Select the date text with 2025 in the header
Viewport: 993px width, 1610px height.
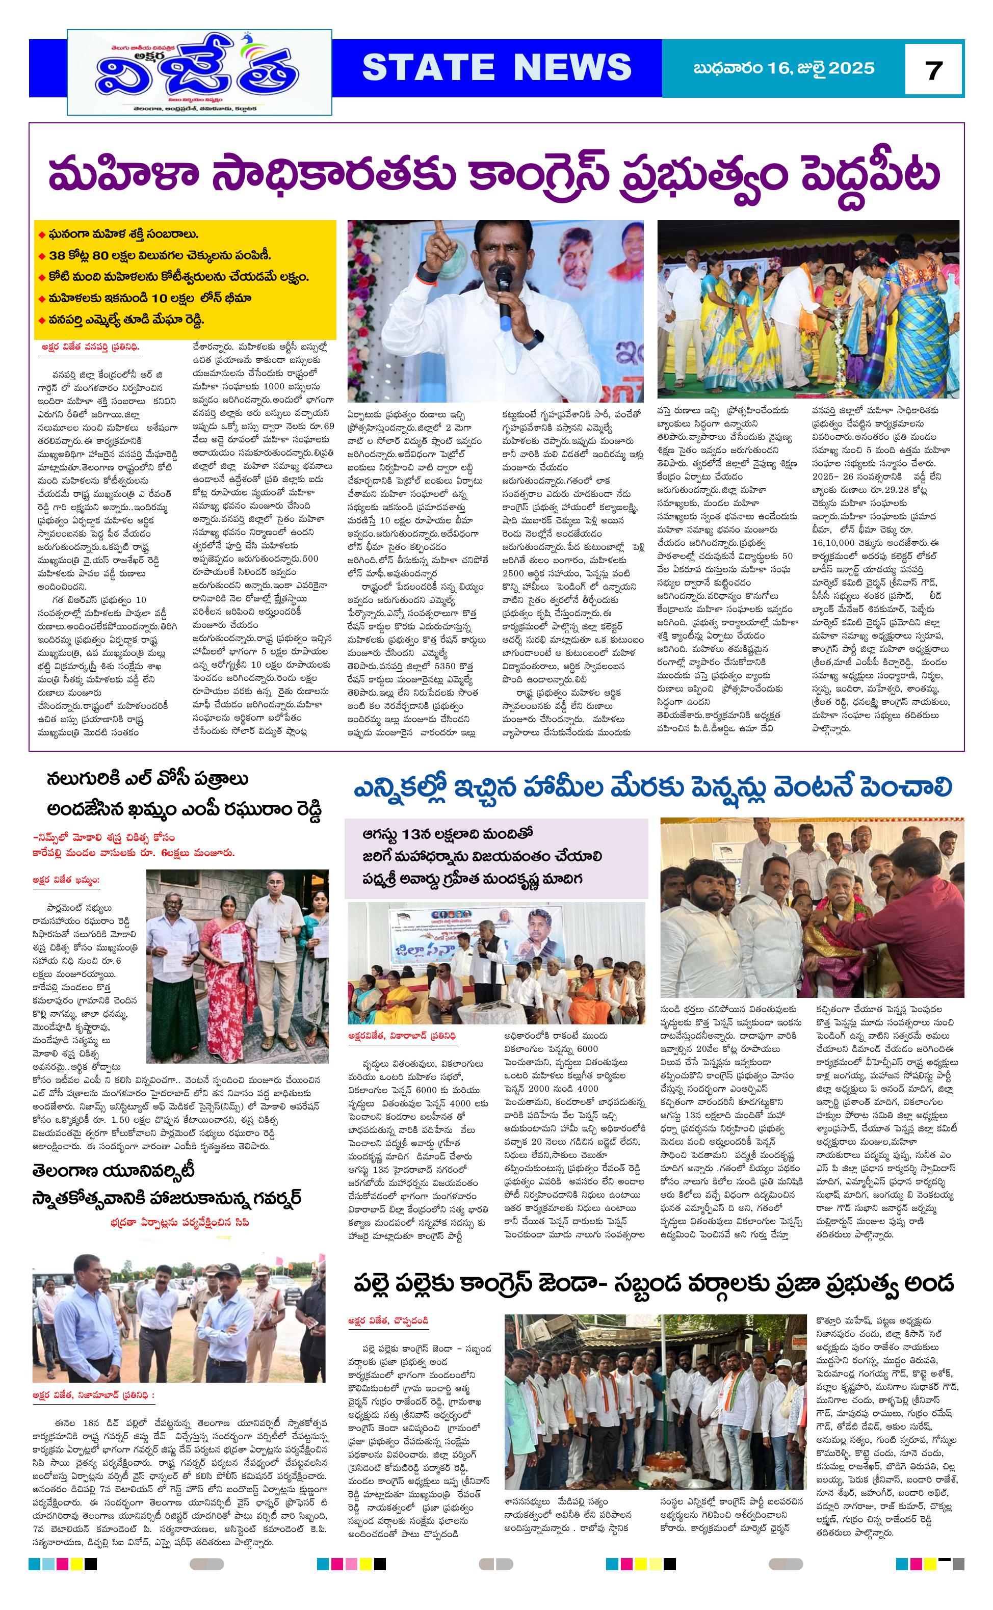tap(783, 68)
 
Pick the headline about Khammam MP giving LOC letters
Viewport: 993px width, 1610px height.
tap(185, 794)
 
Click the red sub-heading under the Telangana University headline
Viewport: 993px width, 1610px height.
tap(180, 1223)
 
